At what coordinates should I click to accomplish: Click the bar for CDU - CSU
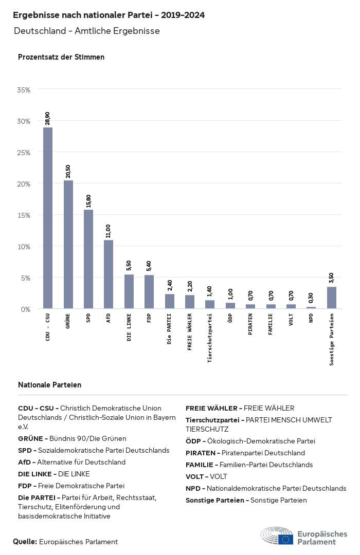click(x=47, y=218)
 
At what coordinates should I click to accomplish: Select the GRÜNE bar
click(x=68, y=245)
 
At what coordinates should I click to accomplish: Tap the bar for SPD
click(x=88, y=259)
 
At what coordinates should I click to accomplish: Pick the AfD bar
click(x=109, y=274)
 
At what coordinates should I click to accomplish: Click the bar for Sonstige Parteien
click(x=332, y=298)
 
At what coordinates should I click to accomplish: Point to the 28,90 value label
click(x=48, y=118)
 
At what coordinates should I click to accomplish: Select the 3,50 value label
click(x=332, y=278)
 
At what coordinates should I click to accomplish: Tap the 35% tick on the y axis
click(x=24, y=90)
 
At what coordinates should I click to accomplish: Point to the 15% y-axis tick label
click(x=24, y=215)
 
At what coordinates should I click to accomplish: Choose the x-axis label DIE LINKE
click(x=129, y=327)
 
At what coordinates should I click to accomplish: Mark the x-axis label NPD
click(x=311, y=318)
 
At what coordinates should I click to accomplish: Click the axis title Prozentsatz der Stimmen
click(x=61, y=57)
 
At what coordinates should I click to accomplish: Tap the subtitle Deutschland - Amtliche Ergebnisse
click(x=87, y=31)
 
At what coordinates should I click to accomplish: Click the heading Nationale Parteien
click(x=49, y=385)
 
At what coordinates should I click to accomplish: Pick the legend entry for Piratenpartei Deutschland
click(x=245, y=453)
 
